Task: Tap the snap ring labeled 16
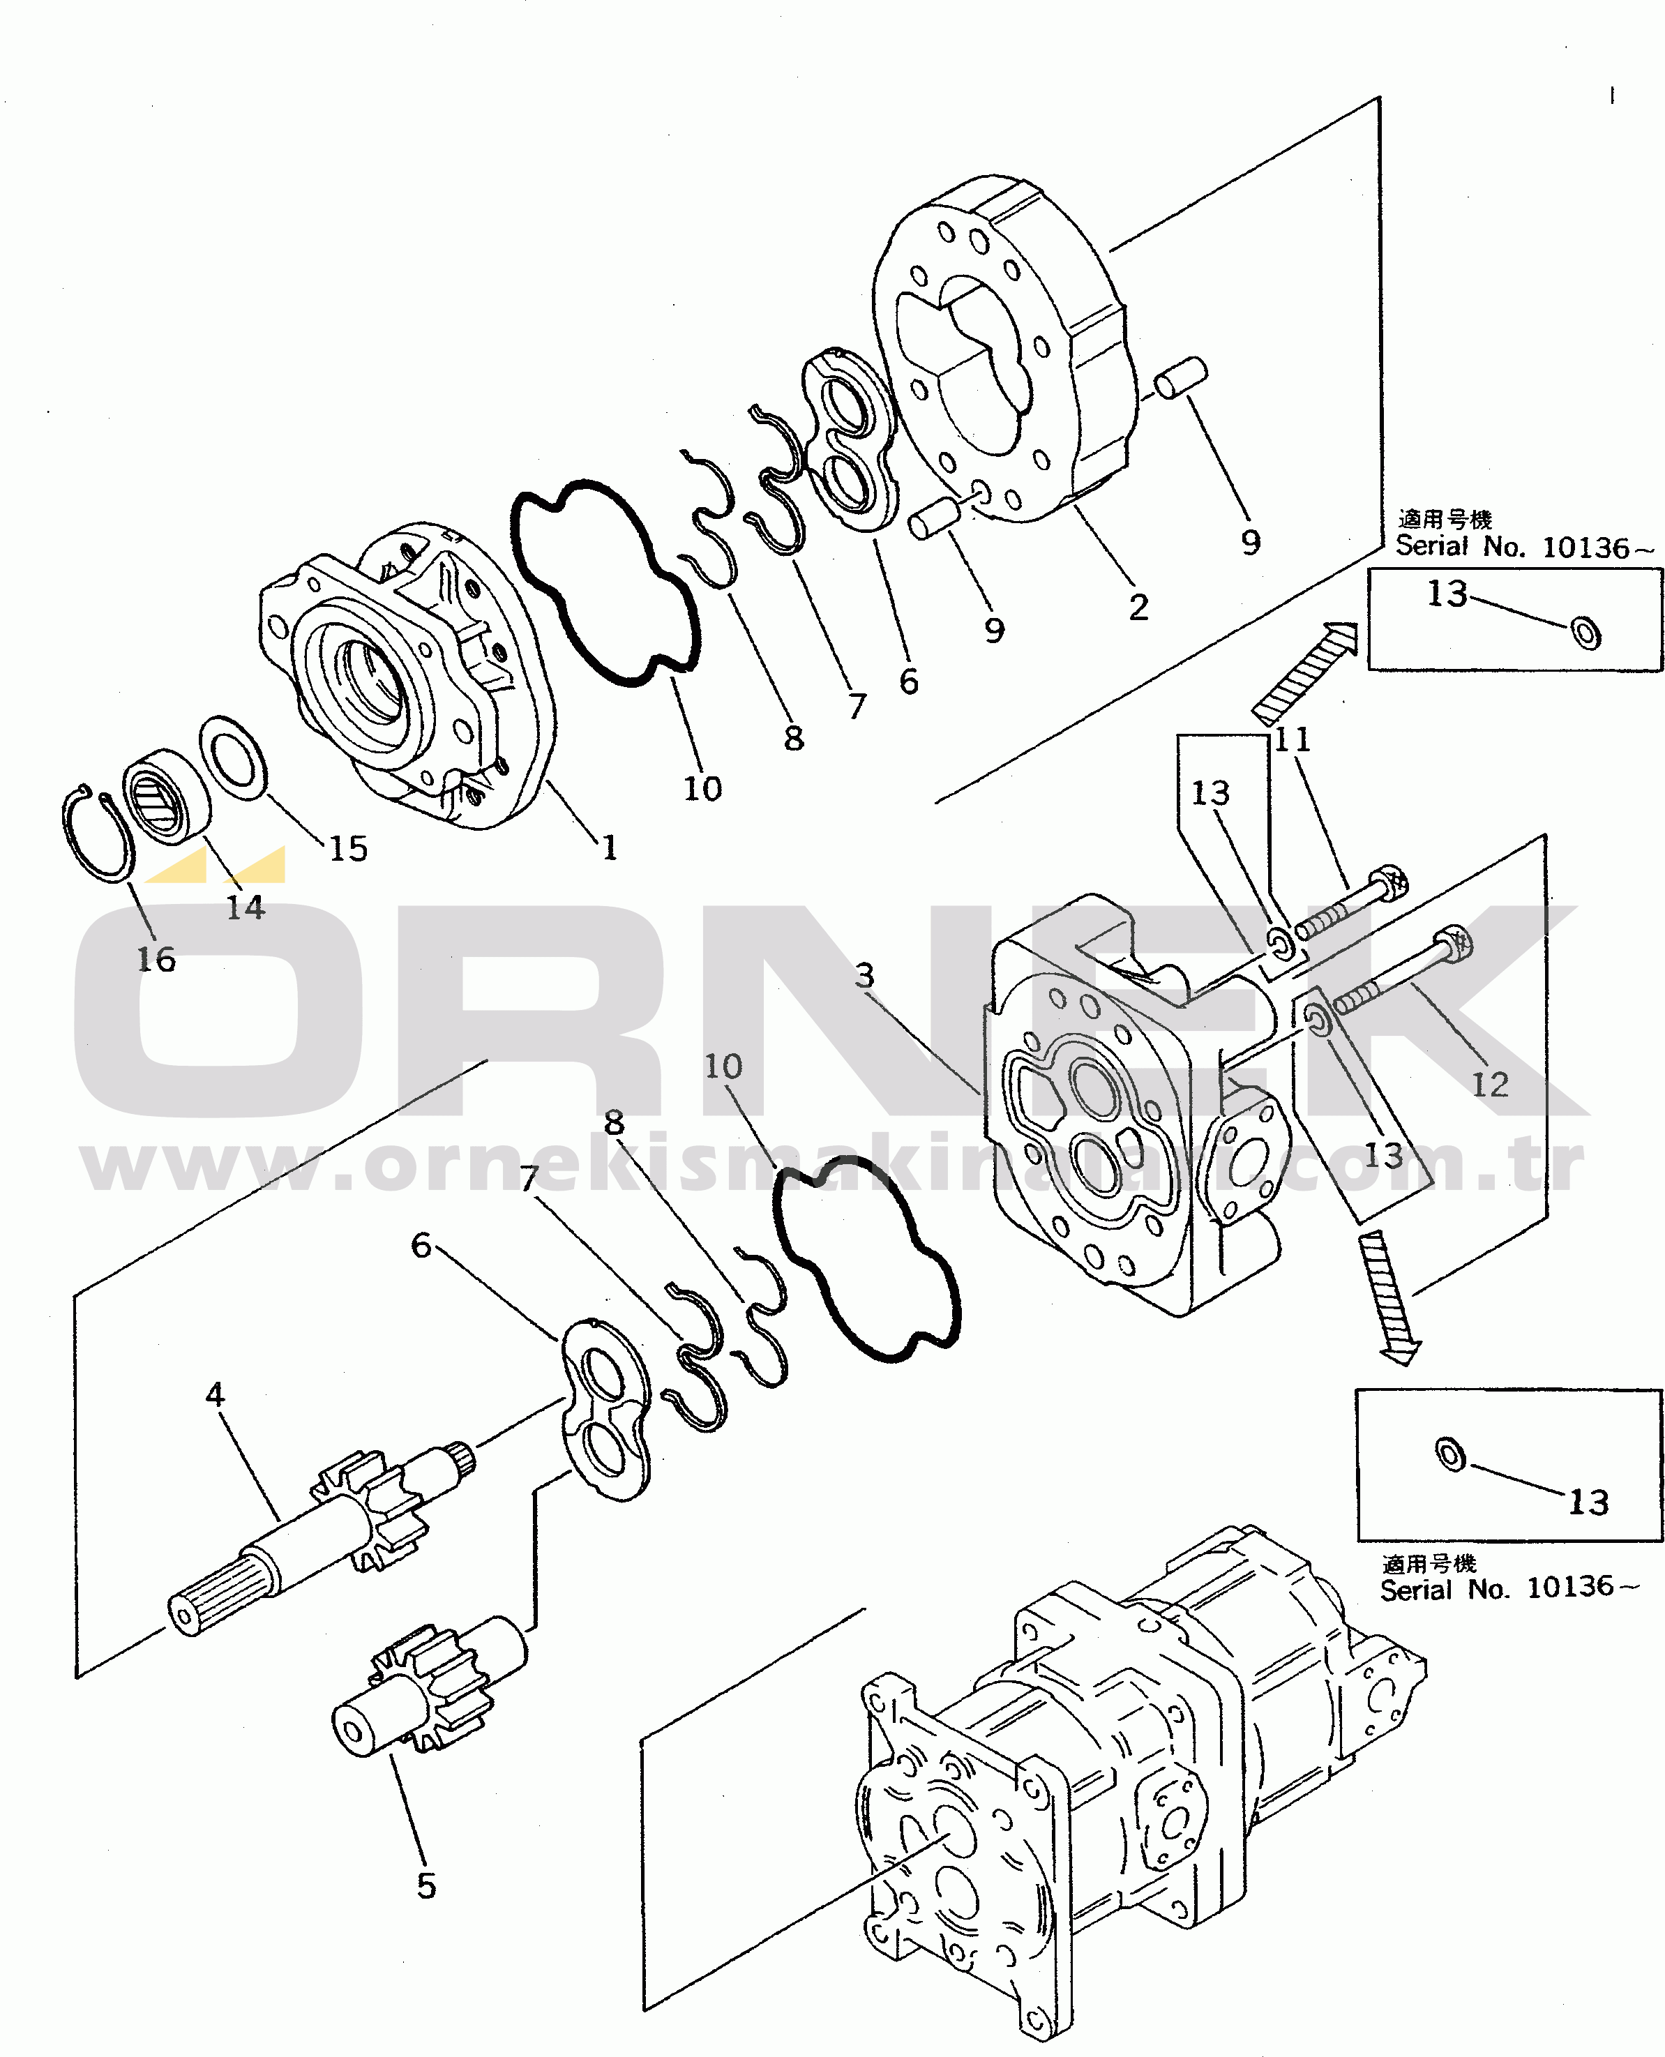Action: [x=97, y=834]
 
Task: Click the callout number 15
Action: [x=348, y=847]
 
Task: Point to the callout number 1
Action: [x=609, y=847]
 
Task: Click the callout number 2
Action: [x=1138, y=607]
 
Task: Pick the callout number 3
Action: [x=864, y=975]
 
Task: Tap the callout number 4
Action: [x=215, y=1394]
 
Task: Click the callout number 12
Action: [x=1489, y=1085]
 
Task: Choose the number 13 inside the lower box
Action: [x=1588, y=1502]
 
